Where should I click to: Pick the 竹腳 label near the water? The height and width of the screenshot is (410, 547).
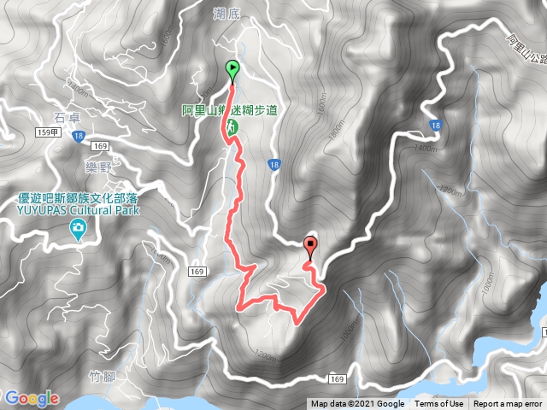102,375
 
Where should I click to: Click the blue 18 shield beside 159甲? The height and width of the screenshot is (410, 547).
79,136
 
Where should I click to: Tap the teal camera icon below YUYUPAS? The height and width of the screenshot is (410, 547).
79,228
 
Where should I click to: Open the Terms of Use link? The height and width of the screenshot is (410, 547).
439,404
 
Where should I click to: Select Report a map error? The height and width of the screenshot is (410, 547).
509,404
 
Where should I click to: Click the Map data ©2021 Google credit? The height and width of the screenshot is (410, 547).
357,404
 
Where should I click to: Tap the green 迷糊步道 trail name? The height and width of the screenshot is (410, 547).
256,110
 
